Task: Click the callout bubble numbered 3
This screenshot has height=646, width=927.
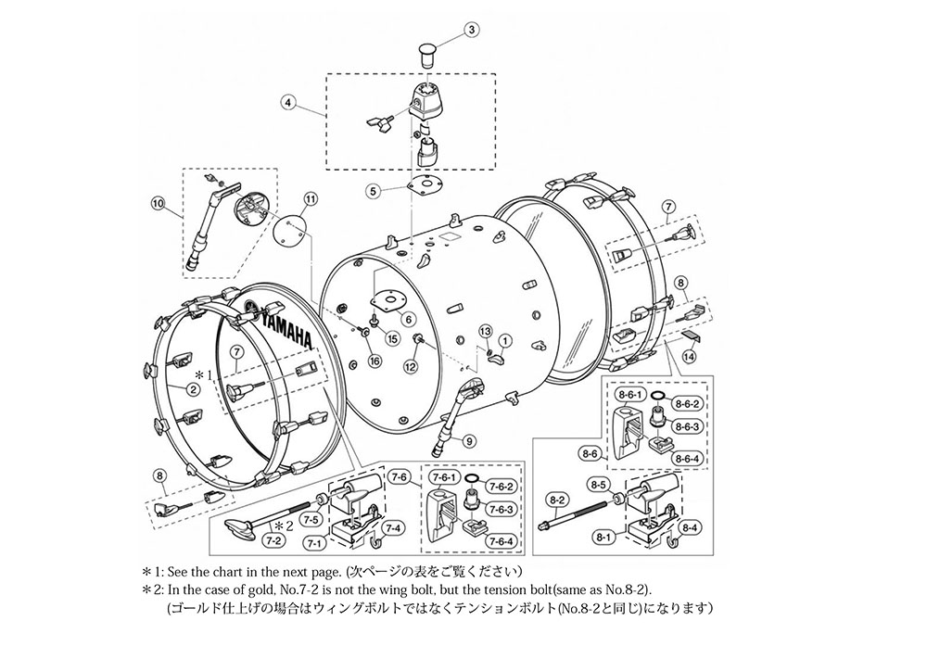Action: (471, 31)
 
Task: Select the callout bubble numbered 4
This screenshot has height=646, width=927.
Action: (287, 102)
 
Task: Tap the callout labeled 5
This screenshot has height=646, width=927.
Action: (373, 191)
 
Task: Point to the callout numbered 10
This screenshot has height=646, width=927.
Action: (158, 204)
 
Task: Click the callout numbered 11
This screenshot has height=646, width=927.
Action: (311, 199)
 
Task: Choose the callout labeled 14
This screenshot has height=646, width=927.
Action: (689, 357)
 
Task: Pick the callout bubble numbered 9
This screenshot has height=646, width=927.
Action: (470, 440)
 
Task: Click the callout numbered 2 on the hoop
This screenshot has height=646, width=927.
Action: (194, 389)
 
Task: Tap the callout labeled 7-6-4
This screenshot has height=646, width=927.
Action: (501, 540)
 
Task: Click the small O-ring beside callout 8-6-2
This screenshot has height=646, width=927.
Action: (657, 396)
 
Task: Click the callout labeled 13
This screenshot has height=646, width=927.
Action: (485, 330)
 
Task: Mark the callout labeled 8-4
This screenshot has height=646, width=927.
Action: (690, 527)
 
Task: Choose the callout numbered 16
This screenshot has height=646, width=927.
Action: (375, 361)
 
